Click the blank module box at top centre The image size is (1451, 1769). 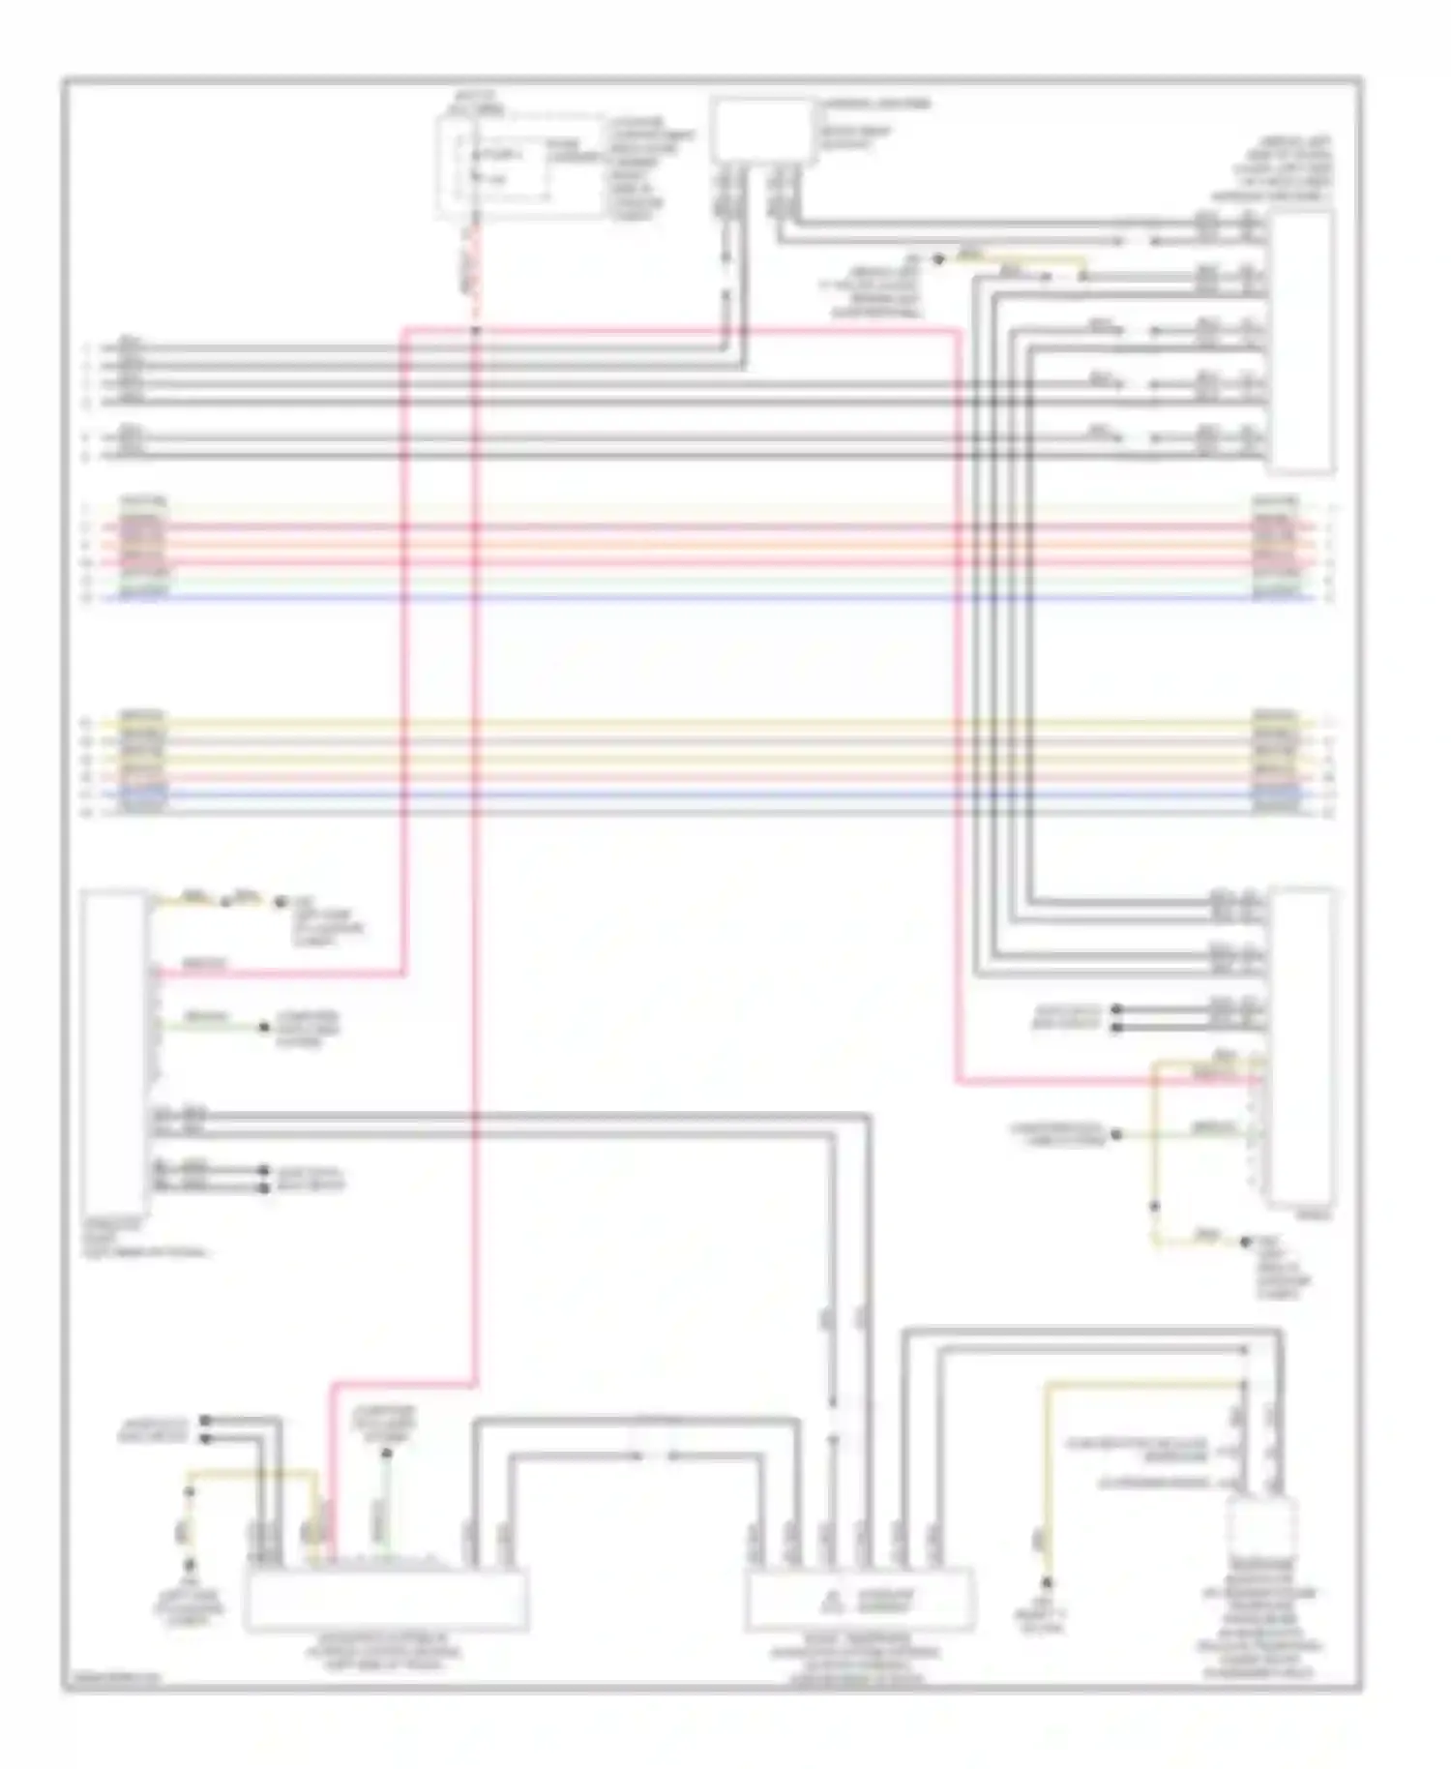click(761, 130)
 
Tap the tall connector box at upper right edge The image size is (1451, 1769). click(1301, 343)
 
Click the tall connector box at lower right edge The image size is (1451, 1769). click(1305, 1045)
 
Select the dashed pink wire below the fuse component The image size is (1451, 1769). click(474, 276)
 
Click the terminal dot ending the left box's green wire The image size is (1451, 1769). click(265, 1027)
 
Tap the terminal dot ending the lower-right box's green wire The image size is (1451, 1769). click(1116, 1133)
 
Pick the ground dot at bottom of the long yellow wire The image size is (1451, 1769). click(1046, 1584)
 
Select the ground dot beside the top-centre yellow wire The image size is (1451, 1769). click(936, 259)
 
